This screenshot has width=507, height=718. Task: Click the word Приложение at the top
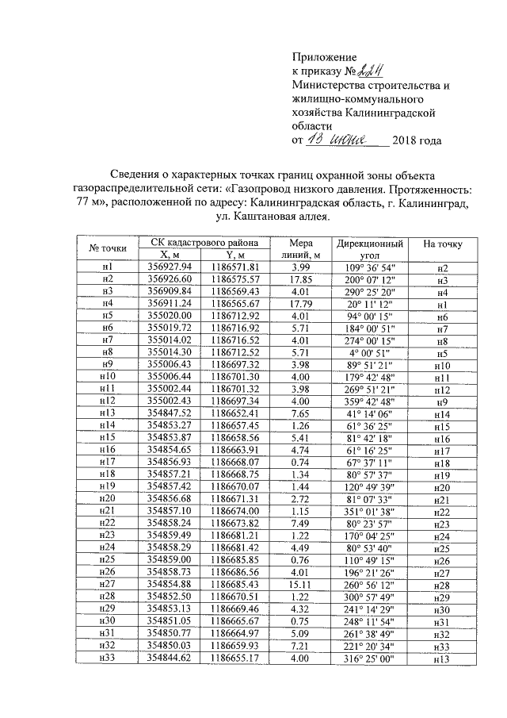point(324,57)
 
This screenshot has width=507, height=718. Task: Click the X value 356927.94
point(170,267)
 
